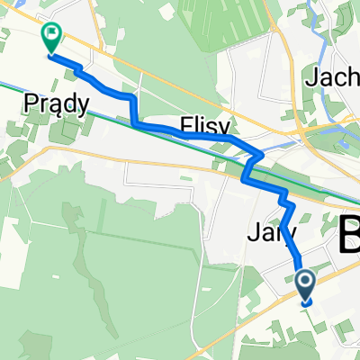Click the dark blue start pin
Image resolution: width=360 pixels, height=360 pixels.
306,286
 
